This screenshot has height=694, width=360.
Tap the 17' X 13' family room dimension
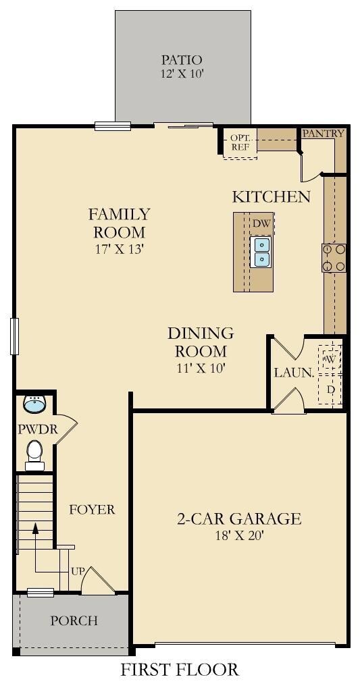[120, 249]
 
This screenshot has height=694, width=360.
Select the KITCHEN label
[271, 196]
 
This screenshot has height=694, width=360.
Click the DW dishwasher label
[261, 223]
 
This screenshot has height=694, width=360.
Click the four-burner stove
[334, 258]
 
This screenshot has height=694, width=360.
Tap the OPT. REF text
[240, 142]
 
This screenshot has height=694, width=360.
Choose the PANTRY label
[323, 133]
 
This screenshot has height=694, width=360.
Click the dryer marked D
[330, 389]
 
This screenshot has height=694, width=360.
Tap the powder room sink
[34, 404]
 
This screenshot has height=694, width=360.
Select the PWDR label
[38, 429]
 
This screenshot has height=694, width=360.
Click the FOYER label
[92, 510]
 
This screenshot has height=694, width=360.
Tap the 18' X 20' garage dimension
[239, 535]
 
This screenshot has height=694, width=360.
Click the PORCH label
[74, 620]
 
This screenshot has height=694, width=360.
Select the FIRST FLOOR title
[180, 669]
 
